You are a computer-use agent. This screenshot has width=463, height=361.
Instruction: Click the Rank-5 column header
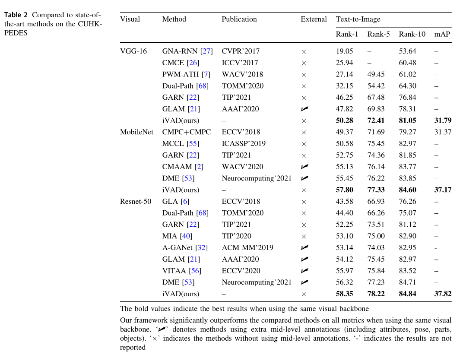378,34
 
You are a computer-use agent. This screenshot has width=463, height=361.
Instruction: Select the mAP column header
442,34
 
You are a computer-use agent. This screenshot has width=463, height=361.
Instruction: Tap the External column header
314,19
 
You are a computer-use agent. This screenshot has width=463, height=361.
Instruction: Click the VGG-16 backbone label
133,51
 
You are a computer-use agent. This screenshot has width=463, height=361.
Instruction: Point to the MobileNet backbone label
136,132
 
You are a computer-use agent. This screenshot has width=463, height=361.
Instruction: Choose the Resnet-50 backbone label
136,201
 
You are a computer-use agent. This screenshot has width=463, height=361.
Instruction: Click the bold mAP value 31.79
443,120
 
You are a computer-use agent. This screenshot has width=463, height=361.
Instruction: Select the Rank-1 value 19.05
344,51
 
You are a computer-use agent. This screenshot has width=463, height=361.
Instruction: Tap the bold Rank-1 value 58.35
344,294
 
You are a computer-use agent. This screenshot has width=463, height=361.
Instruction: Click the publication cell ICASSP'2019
244,143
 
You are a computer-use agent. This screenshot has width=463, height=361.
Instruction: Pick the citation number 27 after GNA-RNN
206,51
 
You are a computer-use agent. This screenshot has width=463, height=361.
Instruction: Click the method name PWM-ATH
181,74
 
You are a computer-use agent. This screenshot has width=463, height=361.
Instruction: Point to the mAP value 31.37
443,132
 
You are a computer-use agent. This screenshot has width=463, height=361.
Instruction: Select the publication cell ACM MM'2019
247,247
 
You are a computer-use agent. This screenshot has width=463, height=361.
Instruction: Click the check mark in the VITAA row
304,270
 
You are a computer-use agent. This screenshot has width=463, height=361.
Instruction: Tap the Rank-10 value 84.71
407,282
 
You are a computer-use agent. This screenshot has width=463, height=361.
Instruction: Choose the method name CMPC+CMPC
187,132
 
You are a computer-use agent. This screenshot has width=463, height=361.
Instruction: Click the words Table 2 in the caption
16,15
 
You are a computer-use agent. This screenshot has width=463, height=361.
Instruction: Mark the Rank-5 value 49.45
376,74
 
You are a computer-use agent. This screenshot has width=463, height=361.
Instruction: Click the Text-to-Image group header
358,19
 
